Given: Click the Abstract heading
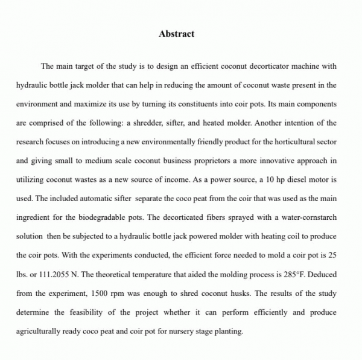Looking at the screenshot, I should (x=176, y=34).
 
